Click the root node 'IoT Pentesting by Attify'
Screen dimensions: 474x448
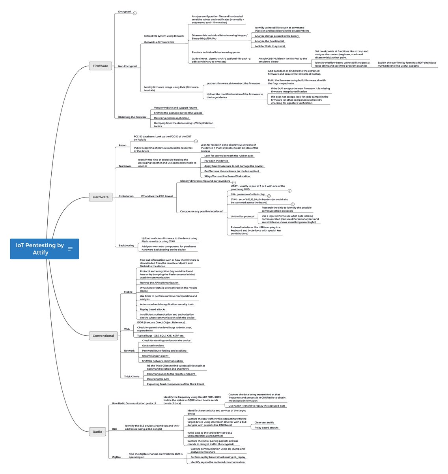[x=40, y=249]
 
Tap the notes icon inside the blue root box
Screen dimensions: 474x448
[x=70, y=249]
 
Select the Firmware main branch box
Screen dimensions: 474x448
[x=100, y=66]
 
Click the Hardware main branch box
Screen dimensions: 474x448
[x=101, y=197]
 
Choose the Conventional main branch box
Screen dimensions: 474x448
[x=103, y=336]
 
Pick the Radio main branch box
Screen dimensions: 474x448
[x=97, y=432]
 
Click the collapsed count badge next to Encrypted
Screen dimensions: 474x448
[x=135, y=13]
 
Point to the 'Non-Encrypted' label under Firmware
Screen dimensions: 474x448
[x=127, y=66]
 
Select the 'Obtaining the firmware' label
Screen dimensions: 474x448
[x=132, y=117]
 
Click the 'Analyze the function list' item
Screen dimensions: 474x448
[x=269, y=41]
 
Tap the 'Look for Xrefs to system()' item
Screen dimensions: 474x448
[x=270, y=46]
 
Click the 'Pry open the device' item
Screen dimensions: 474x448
[x=216, y=161]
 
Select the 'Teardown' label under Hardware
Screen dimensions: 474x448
[x=125, y=166]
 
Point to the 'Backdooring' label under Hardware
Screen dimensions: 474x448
[x=126, y=245]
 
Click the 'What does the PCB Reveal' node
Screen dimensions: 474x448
[x=157, y=196]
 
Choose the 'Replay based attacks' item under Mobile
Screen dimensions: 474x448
[x=153, y=309]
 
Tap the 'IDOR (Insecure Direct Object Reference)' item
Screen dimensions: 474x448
[x=161, y=322]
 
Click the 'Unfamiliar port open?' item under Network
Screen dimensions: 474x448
[x=155, y=355]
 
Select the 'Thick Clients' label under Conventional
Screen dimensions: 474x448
[x=132, y=376]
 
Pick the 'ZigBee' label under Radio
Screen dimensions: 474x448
[x=116, y=457]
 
